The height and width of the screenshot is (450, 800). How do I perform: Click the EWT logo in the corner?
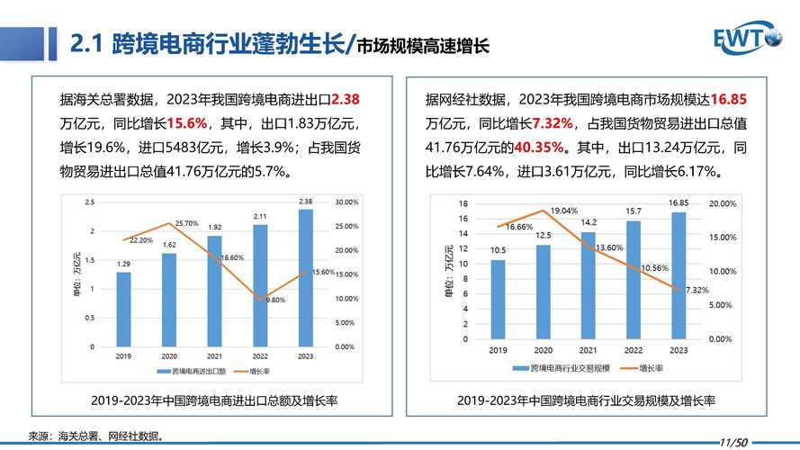pos(748,38)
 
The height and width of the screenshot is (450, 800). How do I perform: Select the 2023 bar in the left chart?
pos(305,278)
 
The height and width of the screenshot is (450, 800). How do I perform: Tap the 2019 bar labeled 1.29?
pos(123,309)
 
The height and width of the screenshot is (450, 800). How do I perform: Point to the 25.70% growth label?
pos(186,222)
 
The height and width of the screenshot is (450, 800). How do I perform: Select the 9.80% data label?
pos(275,300)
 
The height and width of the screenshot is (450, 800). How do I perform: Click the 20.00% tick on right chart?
pos(722,204)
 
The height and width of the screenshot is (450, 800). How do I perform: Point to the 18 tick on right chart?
pos(463,203)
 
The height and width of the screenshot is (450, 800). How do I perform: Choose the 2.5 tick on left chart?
pos(89,202)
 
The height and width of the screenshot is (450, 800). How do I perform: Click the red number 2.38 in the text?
pos(346,99)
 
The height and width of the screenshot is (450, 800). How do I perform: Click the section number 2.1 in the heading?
pos(87,44)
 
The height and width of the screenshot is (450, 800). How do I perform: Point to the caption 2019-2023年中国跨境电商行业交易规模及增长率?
pos(585,400)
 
